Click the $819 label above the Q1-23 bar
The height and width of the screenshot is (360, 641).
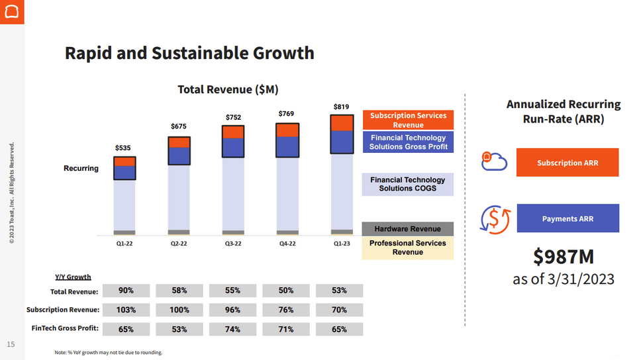(341, 107)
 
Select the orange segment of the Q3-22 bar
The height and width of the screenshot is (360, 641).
(233, 132)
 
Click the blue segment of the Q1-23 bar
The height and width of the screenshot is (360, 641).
(341, 142)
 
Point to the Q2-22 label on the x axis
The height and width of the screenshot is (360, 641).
(179, 244)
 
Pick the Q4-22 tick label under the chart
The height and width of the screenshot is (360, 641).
(287, 244)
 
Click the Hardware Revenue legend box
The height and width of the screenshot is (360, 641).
(407, 229)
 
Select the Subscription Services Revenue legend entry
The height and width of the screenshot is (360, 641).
(408, 120)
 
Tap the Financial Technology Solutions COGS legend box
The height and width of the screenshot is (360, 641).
(407, 184)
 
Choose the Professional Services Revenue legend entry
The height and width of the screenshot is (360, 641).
(407, 247)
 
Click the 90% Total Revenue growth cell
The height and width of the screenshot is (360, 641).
(126, 291)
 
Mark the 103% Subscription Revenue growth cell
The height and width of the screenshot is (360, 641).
(126, 310)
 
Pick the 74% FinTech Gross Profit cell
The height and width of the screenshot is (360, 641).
(232, 329)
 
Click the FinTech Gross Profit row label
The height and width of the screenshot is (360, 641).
(65, 328)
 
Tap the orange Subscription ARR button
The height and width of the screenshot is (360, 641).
(567, 162)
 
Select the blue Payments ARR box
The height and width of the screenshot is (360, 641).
(567, 218)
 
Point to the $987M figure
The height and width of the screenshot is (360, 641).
(564, 256)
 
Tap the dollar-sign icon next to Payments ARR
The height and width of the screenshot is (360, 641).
(495, 219)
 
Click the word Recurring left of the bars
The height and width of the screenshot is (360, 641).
(81, 168)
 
